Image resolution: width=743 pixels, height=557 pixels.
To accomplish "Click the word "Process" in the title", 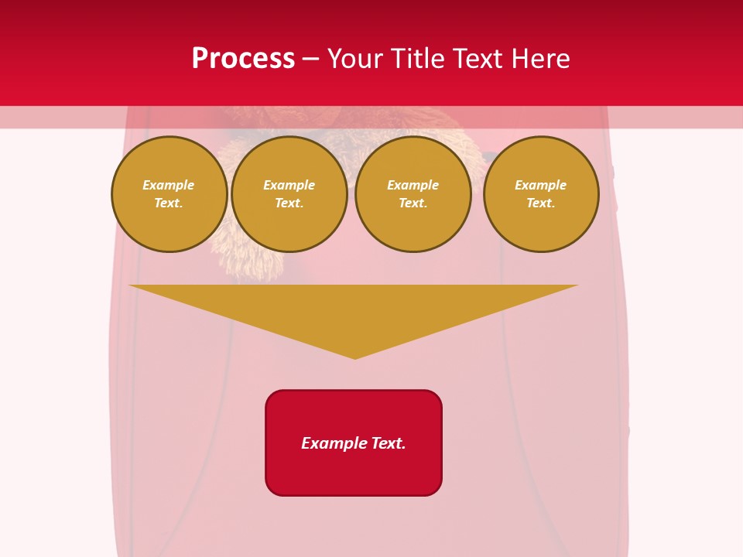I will [x=243, y=59].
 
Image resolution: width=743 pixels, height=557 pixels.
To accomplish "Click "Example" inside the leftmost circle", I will [x=169, y=185].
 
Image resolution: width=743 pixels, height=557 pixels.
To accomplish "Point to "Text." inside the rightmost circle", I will [x=541, y=203].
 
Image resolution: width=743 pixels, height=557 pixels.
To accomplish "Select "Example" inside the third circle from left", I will [x=413, y=185].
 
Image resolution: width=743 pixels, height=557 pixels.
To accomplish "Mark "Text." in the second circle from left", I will [x=289, y=203].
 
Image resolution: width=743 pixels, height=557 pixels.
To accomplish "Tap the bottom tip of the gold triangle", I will [x=355, y=357].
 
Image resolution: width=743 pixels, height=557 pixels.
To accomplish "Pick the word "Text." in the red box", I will [x=388, y=443].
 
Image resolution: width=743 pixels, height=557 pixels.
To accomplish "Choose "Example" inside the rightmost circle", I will [x=541, y=185].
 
